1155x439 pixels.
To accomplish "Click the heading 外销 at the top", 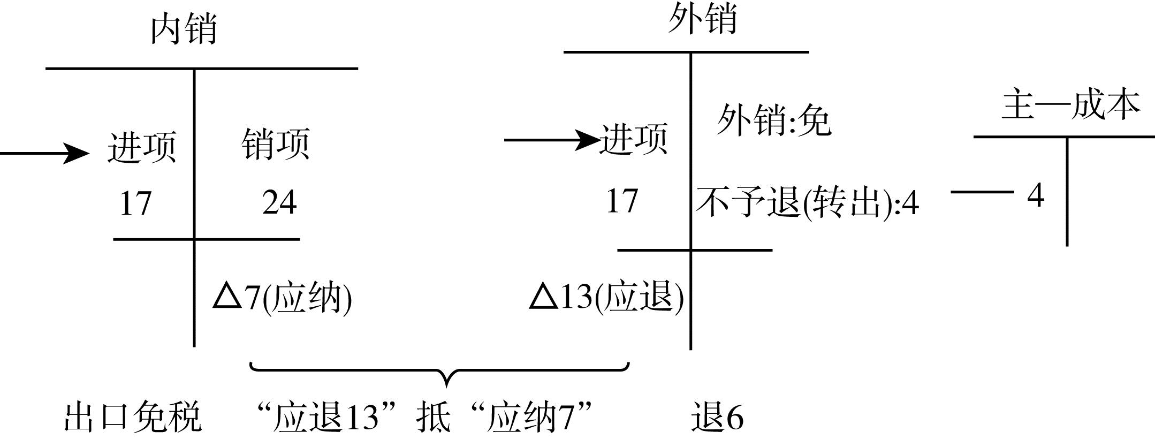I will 702,19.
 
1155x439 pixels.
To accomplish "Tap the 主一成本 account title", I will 1070,105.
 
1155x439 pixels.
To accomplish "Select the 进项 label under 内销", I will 142,146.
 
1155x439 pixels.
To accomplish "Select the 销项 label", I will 276,143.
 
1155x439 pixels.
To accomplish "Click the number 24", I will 279,202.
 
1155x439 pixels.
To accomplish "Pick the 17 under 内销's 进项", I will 135,203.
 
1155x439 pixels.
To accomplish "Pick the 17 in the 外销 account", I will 622,201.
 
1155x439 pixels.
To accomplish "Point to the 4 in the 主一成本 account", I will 1036,195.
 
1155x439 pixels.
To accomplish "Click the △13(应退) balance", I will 606,296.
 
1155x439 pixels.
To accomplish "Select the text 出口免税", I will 133,417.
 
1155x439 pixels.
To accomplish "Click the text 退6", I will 717,417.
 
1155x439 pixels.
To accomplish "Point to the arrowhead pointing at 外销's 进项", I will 589,140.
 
